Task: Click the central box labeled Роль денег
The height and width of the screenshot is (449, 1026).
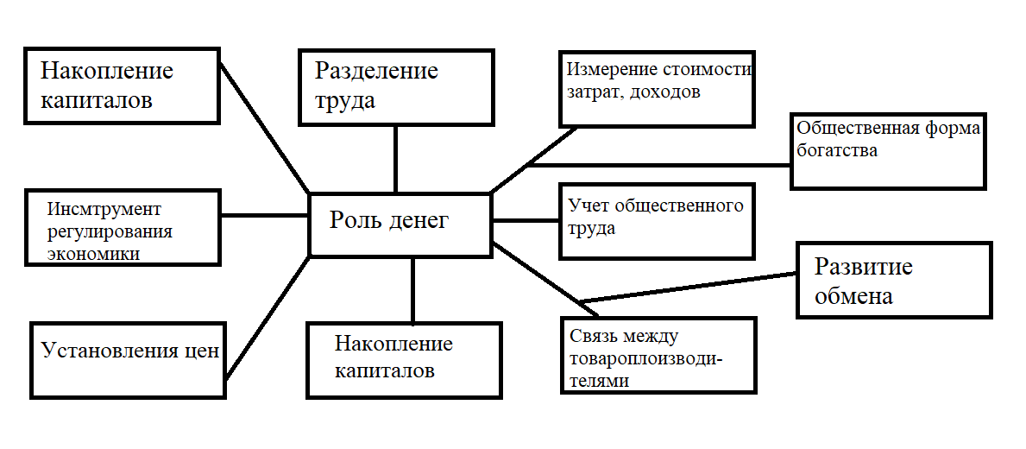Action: tap(400, 223)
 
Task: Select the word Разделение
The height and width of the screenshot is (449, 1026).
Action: tap(375, 71)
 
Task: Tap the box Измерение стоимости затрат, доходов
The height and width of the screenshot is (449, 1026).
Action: tap(656, 89)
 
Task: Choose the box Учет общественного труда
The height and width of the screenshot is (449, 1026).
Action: tap(656, 220)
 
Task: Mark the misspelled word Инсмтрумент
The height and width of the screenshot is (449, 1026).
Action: tap(105, 210)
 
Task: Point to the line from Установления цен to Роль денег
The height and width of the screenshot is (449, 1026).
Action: tap(268, 316)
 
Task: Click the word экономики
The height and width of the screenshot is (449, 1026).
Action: tap(94, 254)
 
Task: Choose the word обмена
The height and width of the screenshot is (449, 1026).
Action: tap(853, 296)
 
